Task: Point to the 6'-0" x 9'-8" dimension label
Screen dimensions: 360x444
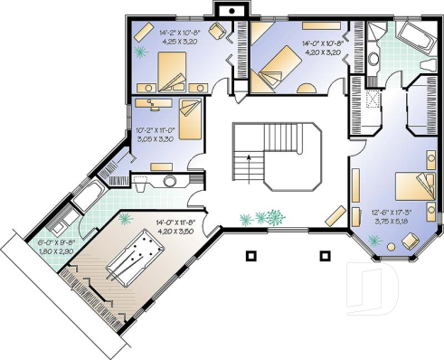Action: point(56,247)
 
